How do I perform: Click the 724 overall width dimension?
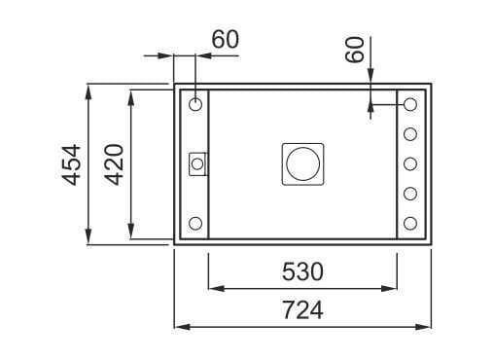point(302,309)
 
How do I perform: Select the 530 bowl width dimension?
point(302,271)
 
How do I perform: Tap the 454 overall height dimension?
point(71,164)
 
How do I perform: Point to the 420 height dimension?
point(114,164)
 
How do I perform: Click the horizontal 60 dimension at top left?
point(226,39)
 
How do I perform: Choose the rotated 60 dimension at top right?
point(354,50)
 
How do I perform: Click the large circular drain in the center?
point(302,164)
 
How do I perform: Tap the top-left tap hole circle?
point(195,104)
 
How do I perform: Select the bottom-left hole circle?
point(195,223)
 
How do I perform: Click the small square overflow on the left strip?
point(197,164)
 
